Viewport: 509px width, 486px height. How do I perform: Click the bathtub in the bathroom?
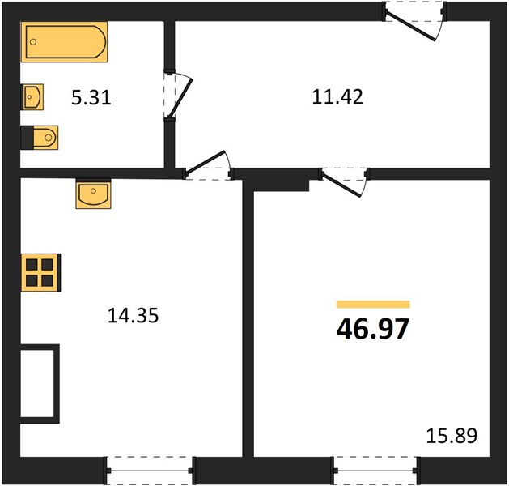(x=64, y=41)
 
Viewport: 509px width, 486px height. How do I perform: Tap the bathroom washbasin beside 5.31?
(x=32, y=97)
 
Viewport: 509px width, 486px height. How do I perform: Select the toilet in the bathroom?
(x=40, y=138)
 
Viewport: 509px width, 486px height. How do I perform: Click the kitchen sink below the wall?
(x=93, y=194)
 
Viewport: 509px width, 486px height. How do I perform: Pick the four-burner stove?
(x=41, y=272)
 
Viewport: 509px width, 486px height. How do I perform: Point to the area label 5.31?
(x=91, y=98)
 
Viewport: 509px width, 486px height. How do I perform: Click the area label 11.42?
(x=337, y=97)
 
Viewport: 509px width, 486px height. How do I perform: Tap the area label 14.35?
(x=133, y=316)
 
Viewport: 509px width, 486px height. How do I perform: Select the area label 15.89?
(x=452, y=436)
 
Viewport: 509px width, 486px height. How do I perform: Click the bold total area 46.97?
(x=373, y=329)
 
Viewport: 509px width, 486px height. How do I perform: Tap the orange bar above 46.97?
(x=373, y=304)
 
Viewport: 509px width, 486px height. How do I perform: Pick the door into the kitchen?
(x=209, y=166)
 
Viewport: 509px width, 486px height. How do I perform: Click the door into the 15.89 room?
(x=345, y=182)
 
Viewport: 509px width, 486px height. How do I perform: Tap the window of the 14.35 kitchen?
(x=149, y=470)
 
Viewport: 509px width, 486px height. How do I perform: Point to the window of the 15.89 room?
(x=376, y=470)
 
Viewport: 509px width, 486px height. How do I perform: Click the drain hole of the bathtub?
(x=33, y=42)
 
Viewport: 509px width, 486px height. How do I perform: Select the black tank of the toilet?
(x=28, y=138)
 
